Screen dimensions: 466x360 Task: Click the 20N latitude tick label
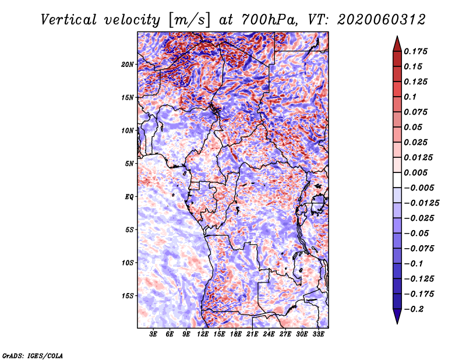click(x=128, y=65)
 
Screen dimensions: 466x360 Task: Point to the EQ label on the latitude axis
click(x=129, y=197)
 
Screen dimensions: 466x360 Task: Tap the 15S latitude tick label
click(x=128, y=296)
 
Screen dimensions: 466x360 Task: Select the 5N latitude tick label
click(x=129, y=164)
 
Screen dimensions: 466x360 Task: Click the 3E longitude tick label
click(x=153, y=334)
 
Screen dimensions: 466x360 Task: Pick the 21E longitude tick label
click(x=252, y=334)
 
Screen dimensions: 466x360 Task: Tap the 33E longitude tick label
click(x=318, y=334)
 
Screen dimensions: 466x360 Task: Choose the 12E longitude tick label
click(x=203, y=334)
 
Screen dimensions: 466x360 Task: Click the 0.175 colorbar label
click(x=415, y=51)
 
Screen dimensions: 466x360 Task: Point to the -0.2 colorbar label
click(x=414, y=309)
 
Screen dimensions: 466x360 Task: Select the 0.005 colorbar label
click(x=415, y=172)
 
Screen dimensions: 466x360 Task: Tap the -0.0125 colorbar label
click(x=421, y=203)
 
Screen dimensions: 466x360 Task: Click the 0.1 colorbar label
click(x=410, y=97)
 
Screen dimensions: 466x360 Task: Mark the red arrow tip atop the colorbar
click(x=397, y=36)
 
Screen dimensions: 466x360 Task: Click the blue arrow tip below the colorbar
click(x=397, y=323)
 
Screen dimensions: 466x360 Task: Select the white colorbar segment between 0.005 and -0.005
click(x=397, y=180)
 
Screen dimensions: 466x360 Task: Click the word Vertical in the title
click(x=69, y=20)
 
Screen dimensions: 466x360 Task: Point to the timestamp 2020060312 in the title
click(x=382, y=20)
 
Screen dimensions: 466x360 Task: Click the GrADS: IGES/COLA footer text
click(x=33, y=356)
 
